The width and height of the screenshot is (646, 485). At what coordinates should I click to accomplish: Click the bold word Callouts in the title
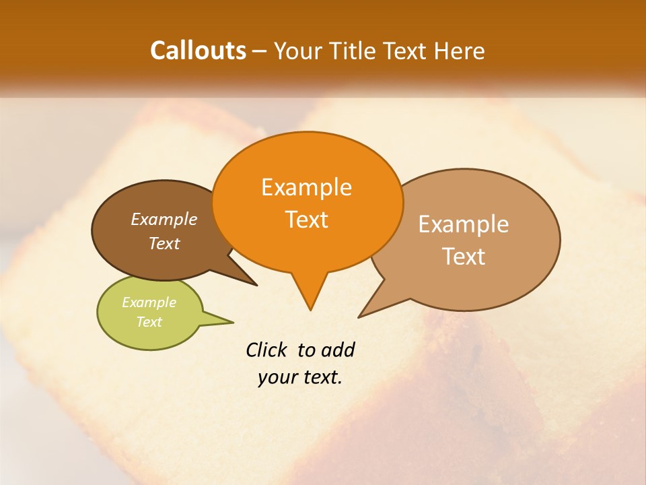pos(198,51)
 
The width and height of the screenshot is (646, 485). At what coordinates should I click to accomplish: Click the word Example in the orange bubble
pos(306,187)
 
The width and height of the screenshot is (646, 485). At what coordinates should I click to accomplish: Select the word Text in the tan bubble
pos(464,257)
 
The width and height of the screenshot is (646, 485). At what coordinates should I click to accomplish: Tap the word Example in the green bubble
pos(149,302)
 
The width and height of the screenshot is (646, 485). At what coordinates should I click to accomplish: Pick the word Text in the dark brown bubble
pos(164,244)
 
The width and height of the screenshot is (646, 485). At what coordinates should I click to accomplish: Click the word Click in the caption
pos(266,350)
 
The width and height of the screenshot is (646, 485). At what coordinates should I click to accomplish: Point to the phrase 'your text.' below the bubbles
pos(300,377)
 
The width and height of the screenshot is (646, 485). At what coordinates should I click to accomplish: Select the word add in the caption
pos(338,350)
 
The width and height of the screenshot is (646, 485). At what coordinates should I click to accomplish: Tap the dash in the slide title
pos(260,51)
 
